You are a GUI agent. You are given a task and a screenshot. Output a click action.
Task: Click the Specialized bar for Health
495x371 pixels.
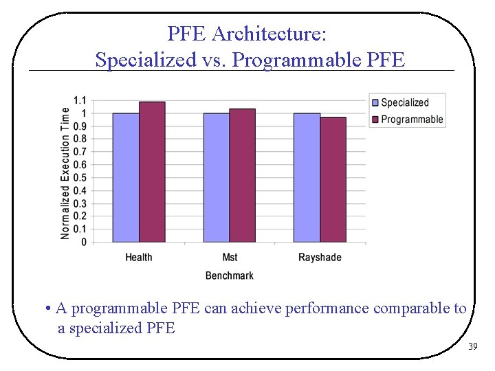pos(126,177)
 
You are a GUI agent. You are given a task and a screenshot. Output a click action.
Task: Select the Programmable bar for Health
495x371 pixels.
pos(152,172)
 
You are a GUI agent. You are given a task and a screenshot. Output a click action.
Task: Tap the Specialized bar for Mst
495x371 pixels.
pos(217,177)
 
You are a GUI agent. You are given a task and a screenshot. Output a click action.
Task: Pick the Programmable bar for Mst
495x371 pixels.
pos(242,175)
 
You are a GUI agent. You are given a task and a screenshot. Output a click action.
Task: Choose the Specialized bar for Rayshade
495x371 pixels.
pos(307,177)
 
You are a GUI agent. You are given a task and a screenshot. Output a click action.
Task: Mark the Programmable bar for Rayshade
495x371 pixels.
pos(333,179)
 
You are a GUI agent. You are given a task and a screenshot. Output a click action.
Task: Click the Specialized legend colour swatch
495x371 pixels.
pos(375,103)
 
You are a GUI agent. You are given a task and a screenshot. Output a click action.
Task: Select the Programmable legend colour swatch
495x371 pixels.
pos(375,120)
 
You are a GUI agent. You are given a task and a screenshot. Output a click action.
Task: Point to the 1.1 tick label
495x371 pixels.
pos(80,100)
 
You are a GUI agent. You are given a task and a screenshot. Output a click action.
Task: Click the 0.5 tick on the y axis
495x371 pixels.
pos(80,177)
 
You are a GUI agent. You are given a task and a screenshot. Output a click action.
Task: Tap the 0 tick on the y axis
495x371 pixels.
pos(84,242)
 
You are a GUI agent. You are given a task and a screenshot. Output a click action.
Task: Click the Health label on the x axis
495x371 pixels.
pos(139,258)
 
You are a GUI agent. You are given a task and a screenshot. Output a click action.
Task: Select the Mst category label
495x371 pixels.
pos(230,258)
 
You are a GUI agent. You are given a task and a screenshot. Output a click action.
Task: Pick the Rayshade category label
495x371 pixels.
pos(320,258)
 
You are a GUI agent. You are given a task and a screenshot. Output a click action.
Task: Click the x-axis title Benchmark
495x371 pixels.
pos(229,276)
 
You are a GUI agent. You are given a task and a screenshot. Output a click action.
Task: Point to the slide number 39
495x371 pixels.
pos(472,347)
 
